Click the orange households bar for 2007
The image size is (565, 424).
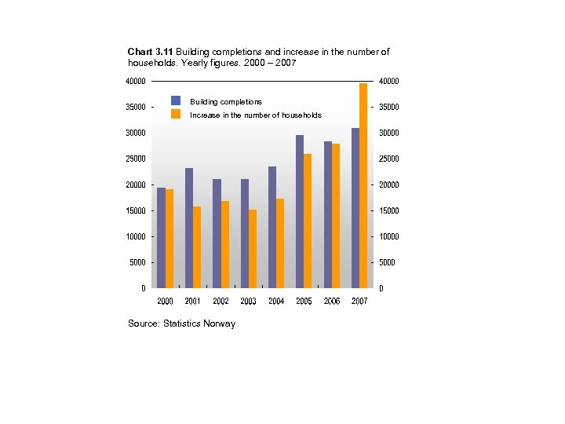click(x=363, y=185)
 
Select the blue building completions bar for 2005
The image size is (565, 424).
click(x=300, y=211)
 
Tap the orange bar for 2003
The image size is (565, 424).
click(x=252, y=248)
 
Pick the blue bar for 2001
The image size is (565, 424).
click(x=189, y=228)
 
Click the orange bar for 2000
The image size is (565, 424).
click(x=169, y=238)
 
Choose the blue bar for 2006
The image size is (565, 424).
click(x=328, y=214)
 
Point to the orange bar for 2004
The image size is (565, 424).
click(x=280, y=243)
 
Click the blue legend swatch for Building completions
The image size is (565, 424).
click(x=176, y=101)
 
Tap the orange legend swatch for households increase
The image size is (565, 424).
click(x=176, y=114)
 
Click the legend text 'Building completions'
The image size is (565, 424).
click(x=226, y=102)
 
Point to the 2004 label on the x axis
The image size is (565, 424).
click(x=276, y=301)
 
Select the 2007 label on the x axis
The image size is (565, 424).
click(x=359, y=301)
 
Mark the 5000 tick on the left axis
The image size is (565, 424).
click(x=137, y=262)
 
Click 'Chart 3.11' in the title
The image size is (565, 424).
click(x=150, y=52)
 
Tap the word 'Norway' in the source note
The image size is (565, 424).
click(x=219, y=323)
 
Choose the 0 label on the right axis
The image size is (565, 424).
click(x=381, y=288)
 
